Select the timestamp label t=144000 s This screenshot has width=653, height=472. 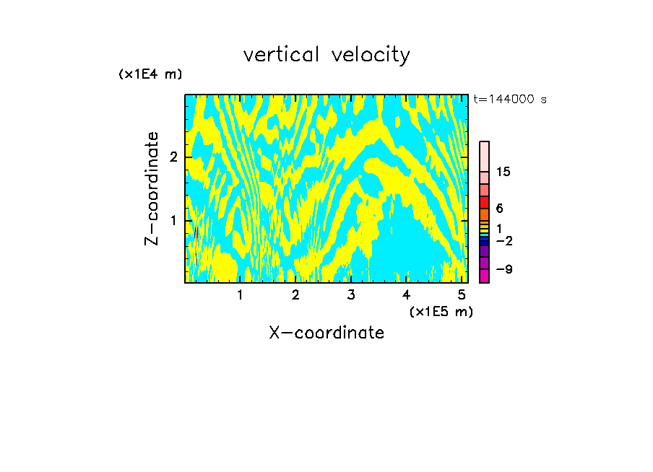pos(509,99)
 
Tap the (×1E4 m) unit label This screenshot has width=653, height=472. pos(150,74)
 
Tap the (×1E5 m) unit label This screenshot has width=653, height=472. pos(441,311)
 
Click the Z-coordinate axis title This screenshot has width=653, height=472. pos(152,188)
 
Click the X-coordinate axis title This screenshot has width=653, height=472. pos(326,333)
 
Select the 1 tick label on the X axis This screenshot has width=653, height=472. pos(240,295)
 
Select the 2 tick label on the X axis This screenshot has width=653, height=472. pos(295,295)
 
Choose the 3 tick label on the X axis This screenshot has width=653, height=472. pos(351,295)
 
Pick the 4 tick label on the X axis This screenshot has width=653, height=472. pos(406,295)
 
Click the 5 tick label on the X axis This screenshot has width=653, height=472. pos(462,295)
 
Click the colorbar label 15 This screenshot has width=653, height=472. pos(503,172)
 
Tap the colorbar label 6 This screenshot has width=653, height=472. pos(500,209)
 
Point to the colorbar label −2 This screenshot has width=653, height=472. pos(504,240)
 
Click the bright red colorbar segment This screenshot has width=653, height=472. pos(484,202)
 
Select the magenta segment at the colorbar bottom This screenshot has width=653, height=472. pos(484,276)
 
